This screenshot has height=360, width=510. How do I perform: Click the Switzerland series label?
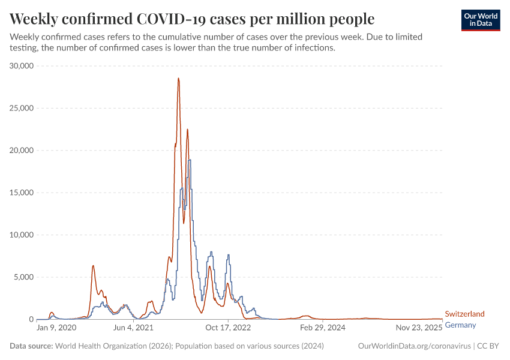pos(464,314)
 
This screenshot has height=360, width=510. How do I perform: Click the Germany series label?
pos(461,325)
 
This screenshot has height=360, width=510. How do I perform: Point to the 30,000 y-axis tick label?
pos(22,66)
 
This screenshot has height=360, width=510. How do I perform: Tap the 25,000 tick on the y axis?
pos(22,108)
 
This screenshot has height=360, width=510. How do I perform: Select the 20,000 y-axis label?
pos(22,151)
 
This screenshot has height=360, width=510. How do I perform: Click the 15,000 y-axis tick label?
pos(22,193)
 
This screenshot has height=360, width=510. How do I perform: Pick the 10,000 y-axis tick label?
pos(22,235)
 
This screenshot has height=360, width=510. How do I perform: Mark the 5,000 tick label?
pos(25,277)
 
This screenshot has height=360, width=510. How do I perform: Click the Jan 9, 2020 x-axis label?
pos(56,328)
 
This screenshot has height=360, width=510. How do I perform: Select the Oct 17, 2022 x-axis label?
pos(228,328)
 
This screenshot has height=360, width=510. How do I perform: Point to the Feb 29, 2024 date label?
pos(323,328)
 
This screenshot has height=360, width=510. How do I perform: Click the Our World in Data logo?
pos(481,20)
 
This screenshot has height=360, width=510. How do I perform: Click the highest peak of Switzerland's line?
pos(178,78)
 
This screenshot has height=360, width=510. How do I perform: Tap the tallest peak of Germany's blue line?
pos(190,160)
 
